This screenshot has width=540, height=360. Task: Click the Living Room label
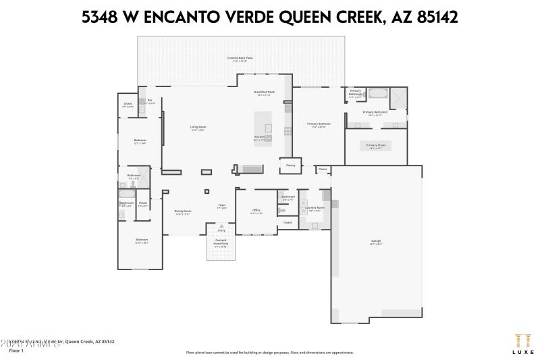tap(198, 127)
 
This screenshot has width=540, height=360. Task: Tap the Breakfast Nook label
tap(264, 92)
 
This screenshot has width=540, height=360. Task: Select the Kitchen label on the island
tap(259, 136)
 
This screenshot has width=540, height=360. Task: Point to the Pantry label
tap(291, 165)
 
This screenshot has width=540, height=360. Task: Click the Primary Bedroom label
tap(319, 124)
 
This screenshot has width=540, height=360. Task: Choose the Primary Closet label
tap(376, 145)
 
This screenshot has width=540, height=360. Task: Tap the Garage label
tap(376, 241)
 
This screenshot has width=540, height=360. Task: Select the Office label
tap(256, 211)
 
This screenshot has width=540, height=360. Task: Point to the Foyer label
tap(221, 205)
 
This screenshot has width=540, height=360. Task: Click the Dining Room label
tap(183, 211)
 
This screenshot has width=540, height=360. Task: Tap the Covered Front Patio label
tap(221, 242)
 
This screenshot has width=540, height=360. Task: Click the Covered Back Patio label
tap(240, 59)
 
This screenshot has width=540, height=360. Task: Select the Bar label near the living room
tap(150, 101)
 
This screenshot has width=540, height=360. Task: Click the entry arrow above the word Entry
tap(221, 225)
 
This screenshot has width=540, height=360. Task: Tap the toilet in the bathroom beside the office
tap(281, 209)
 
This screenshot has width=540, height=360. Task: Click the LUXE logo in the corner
tap(522, 342)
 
